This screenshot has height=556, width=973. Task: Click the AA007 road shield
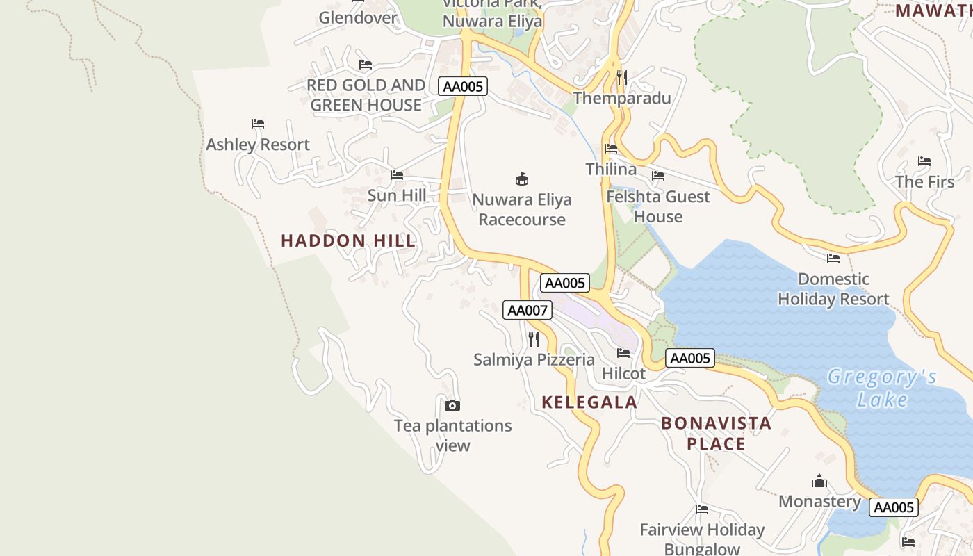click(528, 310)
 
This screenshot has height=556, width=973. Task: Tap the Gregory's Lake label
click(882, 389)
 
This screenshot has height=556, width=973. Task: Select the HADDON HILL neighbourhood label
click(348, 240)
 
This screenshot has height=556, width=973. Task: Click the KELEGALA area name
click(589, 402)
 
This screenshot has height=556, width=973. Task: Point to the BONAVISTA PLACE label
click(716, 433)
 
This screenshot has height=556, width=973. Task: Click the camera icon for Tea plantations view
click(452, 405)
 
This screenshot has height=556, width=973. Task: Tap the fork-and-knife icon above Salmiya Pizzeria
click(534, 339)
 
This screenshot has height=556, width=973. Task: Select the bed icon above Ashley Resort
click(258, 124)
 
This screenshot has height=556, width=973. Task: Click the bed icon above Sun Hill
click(397, 175)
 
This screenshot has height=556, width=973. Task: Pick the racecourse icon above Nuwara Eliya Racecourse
click(522, 179)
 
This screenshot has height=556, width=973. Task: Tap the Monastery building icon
click(819, 481)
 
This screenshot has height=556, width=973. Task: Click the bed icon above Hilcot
click(623, 353)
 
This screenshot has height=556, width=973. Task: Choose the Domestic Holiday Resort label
click(833, 289)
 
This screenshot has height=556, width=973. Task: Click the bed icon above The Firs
click(924, 161)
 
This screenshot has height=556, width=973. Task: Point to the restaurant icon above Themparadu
click(622, 77)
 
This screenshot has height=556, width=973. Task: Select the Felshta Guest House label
click(658, 206)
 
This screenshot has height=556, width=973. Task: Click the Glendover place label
click(358, 17)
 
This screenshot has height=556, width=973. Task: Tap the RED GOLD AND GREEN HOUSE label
click(366, 95)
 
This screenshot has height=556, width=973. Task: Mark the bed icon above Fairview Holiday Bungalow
click(702, 509)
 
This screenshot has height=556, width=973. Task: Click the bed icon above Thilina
click(611, 149)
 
